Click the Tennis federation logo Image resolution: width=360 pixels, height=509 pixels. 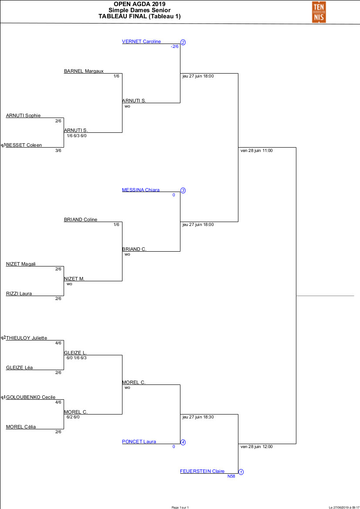318,12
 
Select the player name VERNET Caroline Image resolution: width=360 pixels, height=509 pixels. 141,42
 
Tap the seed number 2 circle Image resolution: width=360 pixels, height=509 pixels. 183,42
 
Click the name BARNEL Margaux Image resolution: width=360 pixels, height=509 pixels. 84,71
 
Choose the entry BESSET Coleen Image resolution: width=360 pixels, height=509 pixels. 24,145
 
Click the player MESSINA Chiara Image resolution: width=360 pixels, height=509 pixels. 141,190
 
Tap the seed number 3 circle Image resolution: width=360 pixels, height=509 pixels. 183,191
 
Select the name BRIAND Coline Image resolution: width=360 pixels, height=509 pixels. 81,220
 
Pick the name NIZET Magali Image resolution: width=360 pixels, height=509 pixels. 21,264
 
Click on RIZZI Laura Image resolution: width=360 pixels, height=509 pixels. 19,294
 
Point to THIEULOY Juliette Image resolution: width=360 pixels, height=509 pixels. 27,338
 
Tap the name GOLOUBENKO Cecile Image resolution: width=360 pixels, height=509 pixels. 31,398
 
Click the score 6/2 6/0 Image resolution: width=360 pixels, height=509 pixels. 73,417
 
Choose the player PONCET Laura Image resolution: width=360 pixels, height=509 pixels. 139,442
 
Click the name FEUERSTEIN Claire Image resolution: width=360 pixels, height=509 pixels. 202,472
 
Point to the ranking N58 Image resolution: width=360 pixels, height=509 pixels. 231,476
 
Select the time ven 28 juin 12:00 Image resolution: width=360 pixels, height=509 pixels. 256,446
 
